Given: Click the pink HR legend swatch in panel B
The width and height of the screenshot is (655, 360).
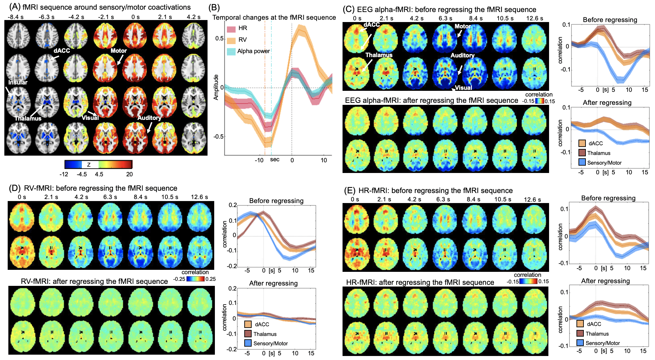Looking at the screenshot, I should [231, 29].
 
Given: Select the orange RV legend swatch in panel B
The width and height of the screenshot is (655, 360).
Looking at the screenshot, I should [231, 40].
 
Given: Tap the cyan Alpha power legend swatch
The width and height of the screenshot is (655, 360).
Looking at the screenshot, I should [231, 51].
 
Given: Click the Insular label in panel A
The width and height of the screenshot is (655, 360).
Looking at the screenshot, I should [18, 82].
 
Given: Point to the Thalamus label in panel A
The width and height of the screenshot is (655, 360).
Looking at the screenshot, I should [28, 119].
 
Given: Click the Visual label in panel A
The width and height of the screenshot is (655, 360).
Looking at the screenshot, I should [90, 118].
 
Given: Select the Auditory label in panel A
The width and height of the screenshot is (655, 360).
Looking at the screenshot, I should [149, 118].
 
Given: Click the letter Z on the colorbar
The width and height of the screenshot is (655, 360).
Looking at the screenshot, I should [89, 165].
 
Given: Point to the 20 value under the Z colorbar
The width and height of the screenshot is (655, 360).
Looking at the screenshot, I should [129, 174].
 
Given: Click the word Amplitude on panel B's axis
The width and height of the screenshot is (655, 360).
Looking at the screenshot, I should [216, 87].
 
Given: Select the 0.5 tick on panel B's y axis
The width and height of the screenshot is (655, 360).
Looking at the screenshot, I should [219, 38].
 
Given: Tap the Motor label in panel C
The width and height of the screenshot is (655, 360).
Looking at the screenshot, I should [463, 26].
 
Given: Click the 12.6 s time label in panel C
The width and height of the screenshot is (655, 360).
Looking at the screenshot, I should [534, 18].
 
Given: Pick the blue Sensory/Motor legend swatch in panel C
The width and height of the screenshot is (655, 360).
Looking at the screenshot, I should [582, 163].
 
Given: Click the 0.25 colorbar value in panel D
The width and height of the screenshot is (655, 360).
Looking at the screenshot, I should [211, 279].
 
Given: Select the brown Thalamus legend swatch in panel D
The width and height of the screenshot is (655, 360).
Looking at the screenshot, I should [248, 334].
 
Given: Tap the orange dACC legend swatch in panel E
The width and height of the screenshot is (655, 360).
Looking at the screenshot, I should [580, 324].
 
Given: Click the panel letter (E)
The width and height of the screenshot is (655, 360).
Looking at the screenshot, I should [350, 191].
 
